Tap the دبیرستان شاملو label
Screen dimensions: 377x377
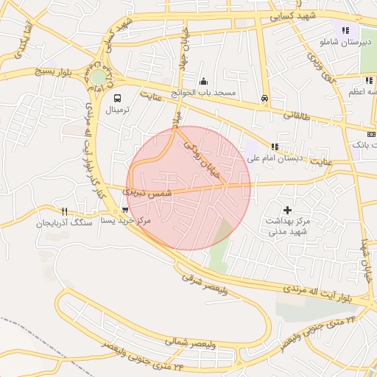[344, 43]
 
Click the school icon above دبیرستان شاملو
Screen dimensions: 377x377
[345, 30]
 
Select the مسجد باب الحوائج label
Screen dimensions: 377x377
[204, 94]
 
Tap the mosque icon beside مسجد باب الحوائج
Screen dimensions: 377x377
[203, 81]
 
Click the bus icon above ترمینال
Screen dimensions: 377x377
[117, 97]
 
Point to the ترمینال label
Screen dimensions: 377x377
[117, 110]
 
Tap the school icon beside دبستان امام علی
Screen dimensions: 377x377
[275, 147]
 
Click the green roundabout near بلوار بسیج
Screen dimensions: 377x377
[98, 77]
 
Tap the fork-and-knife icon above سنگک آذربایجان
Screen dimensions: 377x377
[65, 211]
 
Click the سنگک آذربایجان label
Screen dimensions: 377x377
[65, 222]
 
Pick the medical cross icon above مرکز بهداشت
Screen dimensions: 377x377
[287, 210]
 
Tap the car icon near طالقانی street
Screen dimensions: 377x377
[264, 98]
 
